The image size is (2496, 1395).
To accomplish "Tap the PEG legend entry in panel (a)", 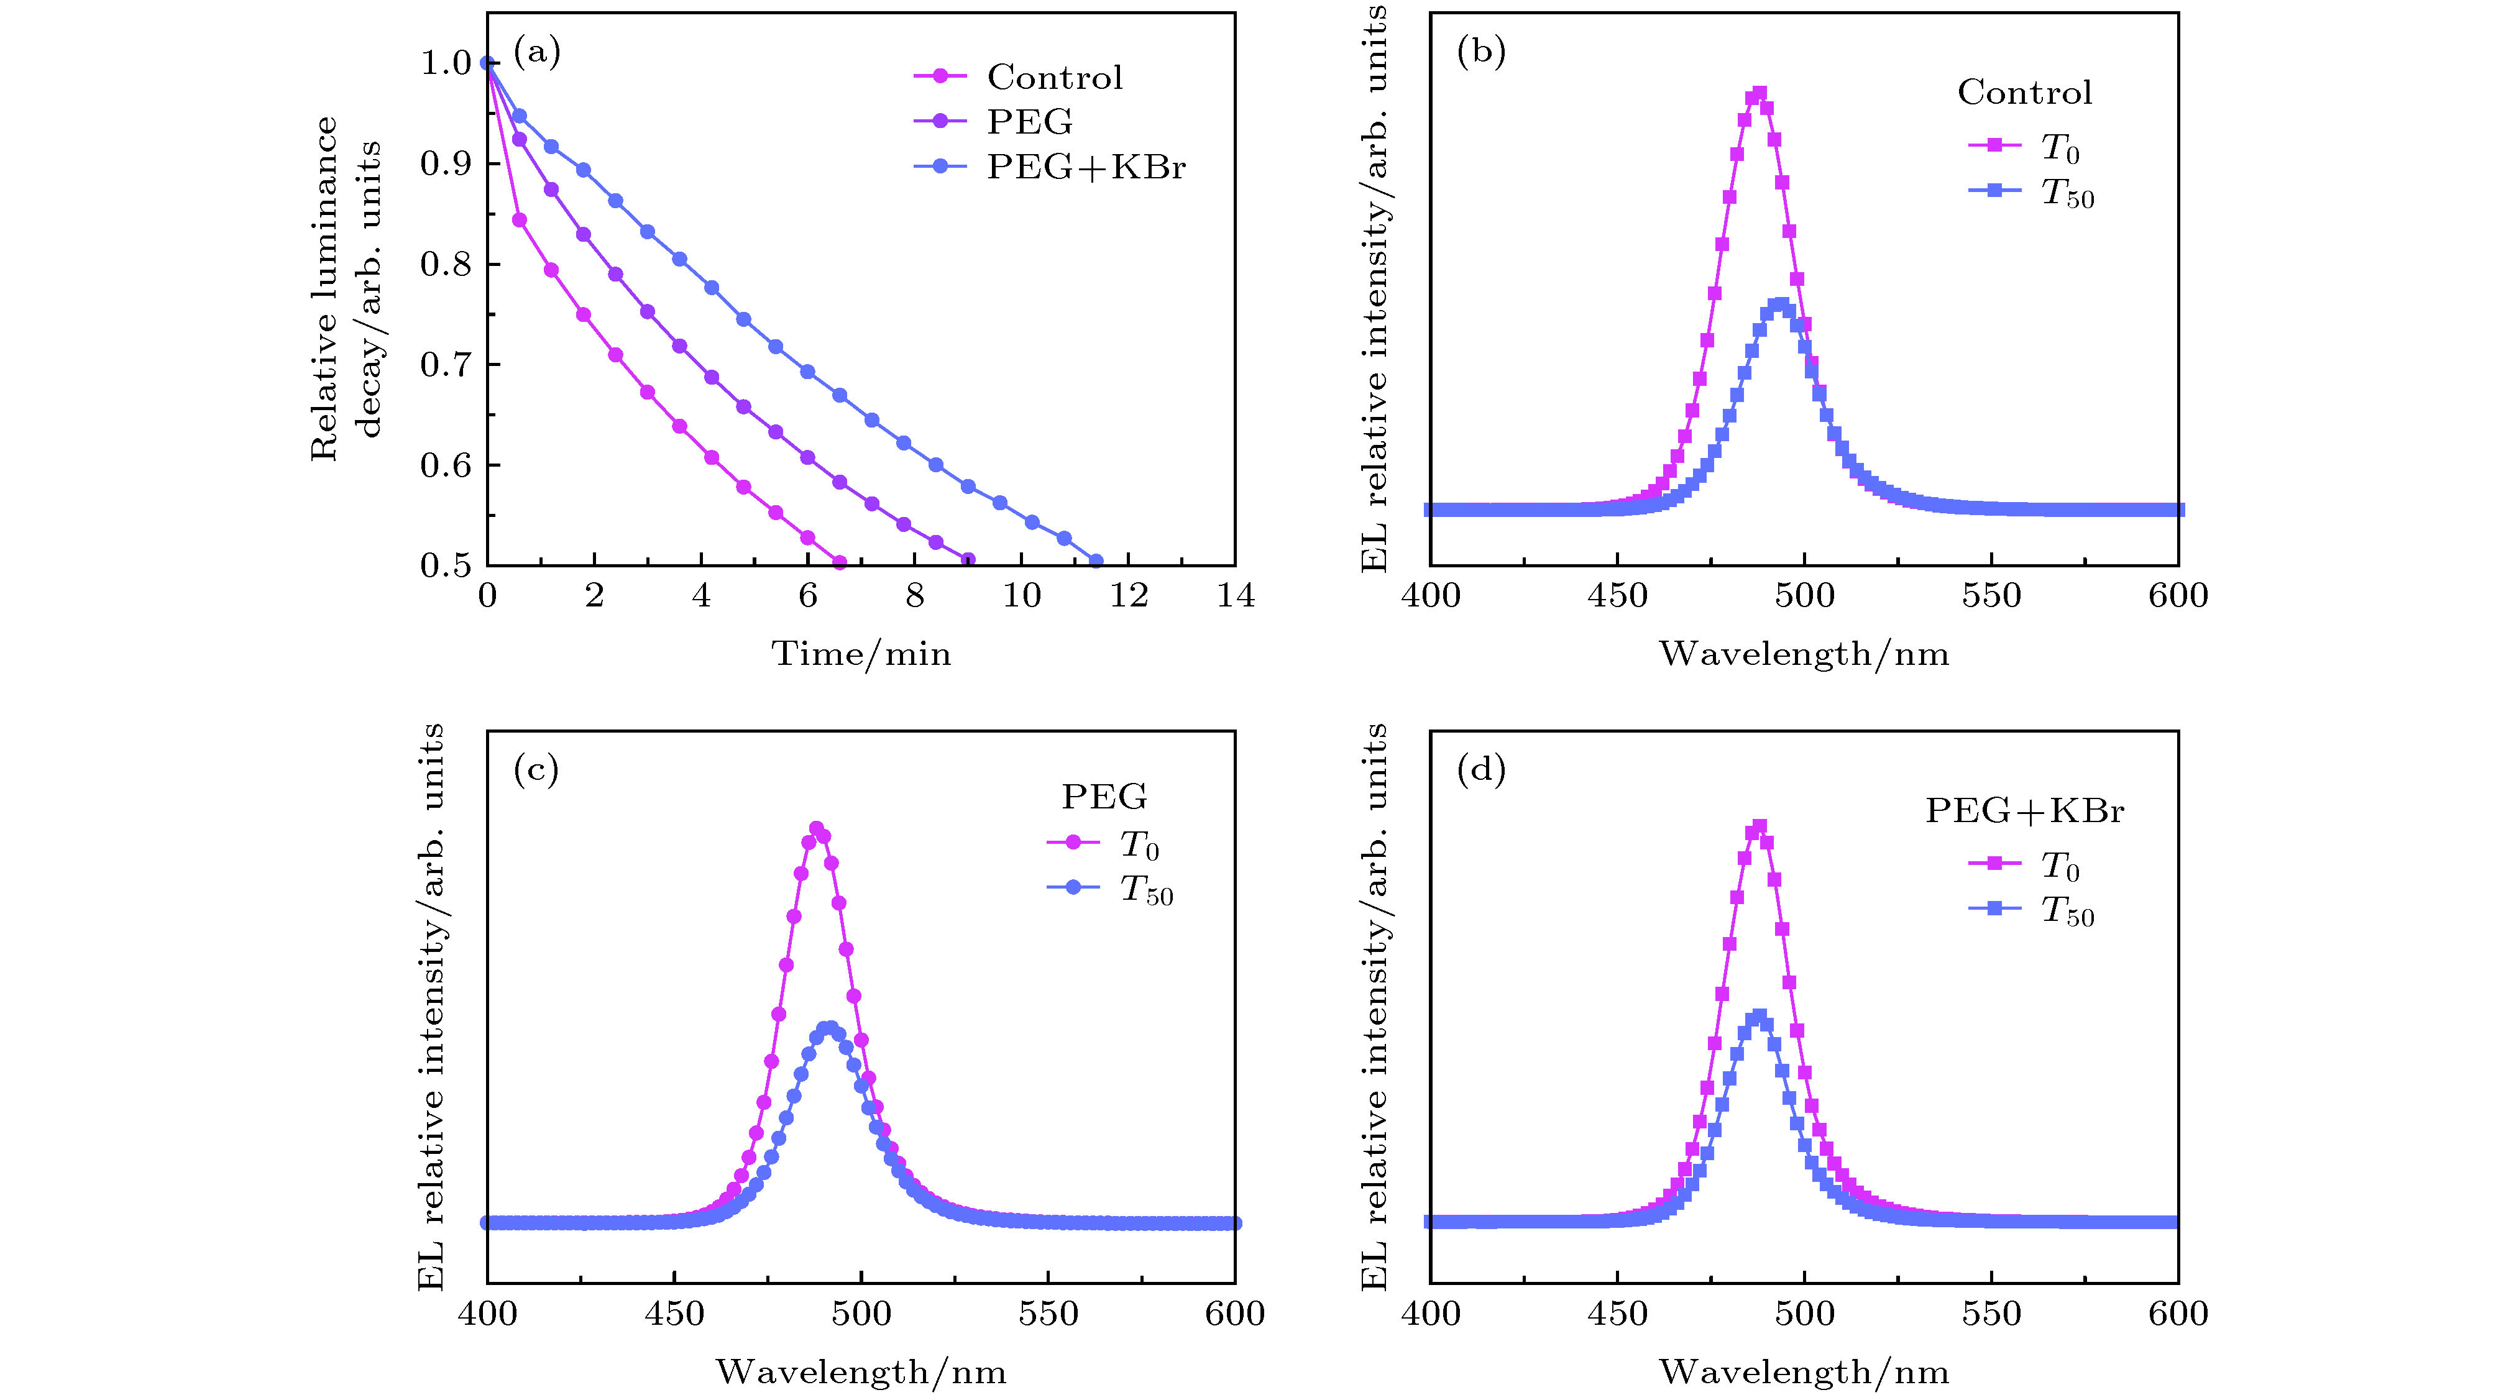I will pyautogui.click(x=1029, y=122).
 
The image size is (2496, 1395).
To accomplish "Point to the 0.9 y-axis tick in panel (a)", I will pyautogui.click(x=445, y=163).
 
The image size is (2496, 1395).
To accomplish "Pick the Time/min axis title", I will pyautogui.click(x=860, y=654).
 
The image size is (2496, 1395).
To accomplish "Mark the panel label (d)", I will pyautogui.click(x=1480, y=770).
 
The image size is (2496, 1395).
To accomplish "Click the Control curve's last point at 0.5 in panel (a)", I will pyautogui.click(x=839, y=563).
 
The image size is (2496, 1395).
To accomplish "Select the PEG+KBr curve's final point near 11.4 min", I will pyautogui.click(x=1096, y=561).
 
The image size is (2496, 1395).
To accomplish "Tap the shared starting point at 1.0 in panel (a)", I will pyautogui.click(x=487, y=63).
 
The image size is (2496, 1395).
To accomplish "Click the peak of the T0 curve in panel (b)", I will pyautogui.click(x=1759, y=94).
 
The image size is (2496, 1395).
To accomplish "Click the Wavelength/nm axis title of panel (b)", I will pyautogui.click(x=1803, y=654).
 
